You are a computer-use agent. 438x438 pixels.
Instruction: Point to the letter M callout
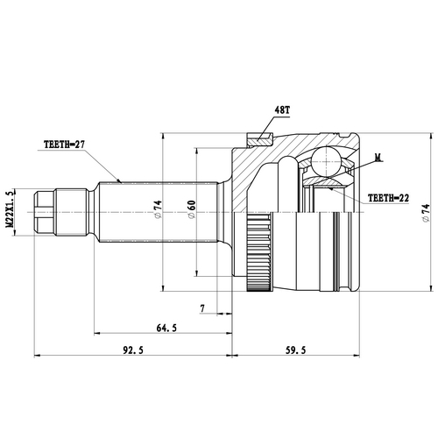378,158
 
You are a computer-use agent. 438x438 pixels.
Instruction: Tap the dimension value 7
203,308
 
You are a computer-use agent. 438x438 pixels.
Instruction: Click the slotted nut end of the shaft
46,211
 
